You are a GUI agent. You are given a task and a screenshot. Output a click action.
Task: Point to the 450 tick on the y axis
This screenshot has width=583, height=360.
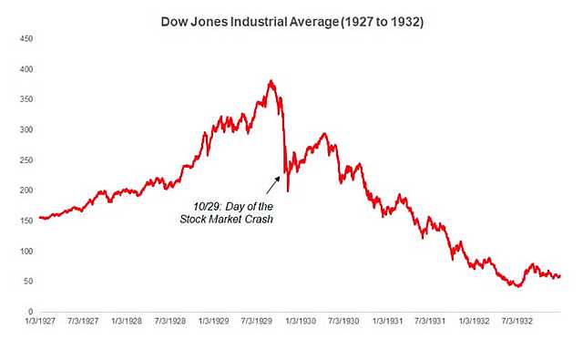coord(26,39)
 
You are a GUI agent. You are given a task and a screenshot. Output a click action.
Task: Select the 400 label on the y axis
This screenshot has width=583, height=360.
coord(26,69)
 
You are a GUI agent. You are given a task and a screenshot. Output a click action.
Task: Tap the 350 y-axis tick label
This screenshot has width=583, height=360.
coord(26,99)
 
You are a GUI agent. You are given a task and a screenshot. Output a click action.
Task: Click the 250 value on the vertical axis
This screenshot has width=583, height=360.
coord(26,160)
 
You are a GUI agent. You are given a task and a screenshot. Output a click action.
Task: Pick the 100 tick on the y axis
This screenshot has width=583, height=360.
coord(26,252)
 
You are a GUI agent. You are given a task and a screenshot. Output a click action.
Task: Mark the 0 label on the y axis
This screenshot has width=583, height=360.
coord(30,312)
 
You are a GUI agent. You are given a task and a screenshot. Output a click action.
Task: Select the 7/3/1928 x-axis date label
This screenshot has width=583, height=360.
coord(170,323)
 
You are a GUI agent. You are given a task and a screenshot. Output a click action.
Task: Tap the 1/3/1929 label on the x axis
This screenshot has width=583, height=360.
coord(214,323)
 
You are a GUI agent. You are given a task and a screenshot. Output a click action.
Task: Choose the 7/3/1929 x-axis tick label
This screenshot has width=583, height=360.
coord(258,323)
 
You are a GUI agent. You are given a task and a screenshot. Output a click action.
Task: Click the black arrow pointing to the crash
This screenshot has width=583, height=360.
coord(272,185)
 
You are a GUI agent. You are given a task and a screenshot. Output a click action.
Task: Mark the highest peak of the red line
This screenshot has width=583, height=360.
coord(271,80)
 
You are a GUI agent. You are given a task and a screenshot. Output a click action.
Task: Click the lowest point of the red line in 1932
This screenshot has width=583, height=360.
coord(517,286)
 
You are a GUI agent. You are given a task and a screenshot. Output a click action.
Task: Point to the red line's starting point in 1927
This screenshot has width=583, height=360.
coord(40,218)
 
